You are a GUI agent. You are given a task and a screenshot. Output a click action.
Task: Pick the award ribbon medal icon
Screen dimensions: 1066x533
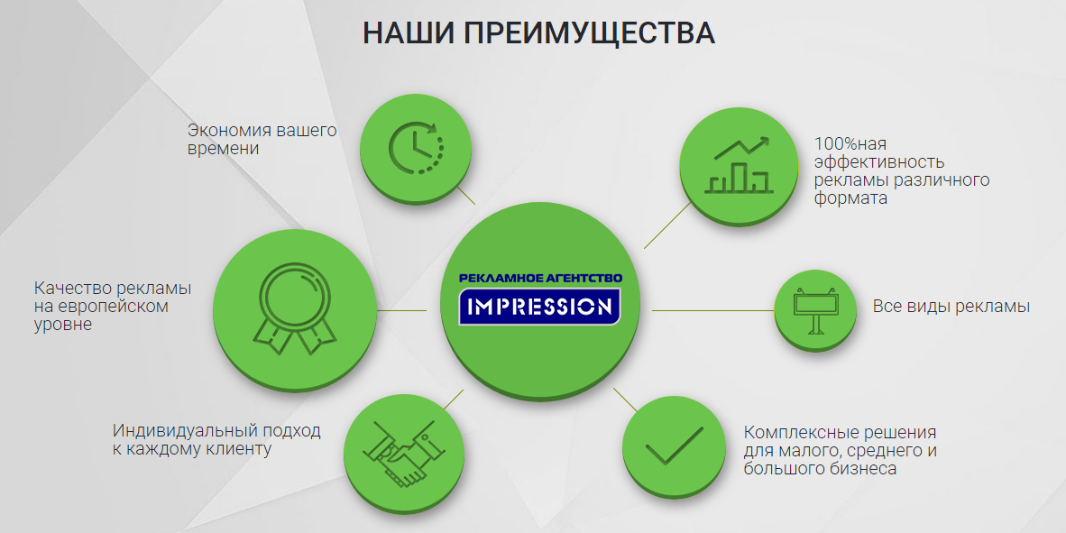pos(295,308)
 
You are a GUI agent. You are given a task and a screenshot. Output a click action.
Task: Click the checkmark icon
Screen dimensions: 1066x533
pos(674,446)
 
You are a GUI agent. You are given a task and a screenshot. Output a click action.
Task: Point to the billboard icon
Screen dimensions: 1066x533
pos(814,310)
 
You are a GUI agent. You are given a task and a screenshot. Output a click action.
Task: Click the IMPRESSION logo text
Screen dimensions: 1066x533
pos(540,307)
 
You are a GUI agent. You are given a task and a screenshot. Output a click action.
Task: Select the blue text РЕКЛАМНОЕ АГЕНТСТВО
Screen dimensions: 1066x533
pos(540,278)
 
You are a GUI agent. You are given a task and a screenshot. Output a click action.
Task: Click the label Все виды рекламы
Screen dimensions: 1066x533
pos(951,306)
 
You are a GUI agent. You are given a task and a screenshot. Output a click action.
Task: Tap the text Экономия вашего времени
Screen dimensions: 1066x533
pos(262,139)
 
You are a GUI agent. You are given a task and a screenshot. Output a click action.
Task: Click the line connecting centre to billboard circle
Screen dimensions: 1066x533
pos(713,310)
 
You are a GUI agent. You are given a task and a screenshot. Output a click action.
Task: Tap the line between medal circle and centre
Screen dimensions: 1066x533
pos(402,310)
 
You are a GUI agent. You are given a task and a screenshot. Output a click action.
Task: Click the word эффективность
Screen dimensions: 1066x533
pos(879,162)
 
